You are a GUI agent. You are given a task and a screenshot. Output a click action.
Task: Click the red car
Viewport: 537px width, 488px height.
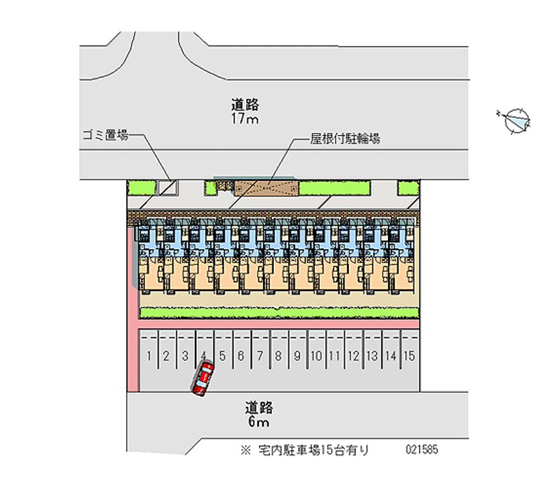point(203,379)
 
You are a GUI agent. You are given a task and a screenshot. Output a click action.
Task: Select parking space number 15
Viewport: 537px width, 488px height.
point(409,356)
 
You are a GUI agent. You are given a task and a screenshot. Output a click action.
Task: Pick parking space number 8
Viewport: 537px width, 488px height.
point(277,356)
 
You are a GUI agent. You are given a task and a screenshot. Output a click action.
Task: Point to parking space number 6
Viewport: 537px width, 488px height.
point(240,356)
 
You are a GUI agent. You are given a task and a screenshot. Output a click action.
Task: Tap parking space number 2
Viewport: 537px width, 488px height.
point(166,356)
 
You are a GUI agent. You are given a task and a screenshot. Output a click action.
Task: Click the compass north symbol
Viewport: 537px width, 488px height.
point(516,121)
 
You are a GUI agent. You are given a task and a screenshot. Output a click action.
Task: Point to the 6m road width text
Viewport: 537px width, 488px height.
point(258,422)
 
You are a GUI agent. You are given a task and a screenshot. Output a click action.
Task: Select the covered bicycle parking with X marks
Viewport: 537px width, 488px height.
point(265,187)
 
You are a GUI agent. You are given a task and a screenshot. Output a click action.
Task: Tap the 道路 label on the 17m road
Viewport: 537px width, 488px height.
point(246,105)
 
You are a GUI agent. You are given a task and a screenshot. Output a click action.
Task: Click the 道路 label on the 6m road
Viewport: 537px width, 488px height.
point(258,407)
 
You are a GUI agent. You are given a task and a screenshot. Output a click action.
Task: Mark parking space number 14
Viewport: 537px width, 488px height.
point(391,356)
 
